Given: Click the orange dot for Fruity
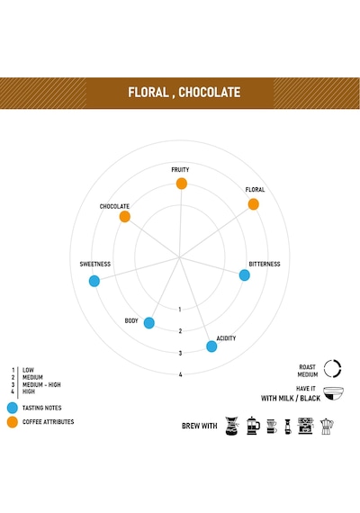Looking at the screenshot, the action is (x=182, y=184).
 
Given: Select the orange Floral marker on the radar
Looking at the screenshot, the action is (x=254, y=204).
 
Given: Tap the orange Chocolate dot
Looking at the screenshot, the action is (x=125, y=217).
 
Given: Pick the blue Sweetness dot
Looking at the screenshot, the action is (x=94, y=281).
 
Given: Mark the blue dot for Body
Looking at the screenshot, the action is (x=149, y=323).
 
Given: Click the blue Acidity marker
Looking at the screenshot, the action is (x=211, y=346).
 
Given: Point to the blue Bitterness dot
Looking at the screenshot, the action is (x=245, y=275).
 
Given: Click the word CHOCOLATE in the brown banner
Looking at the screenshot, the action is (x=210, y=93).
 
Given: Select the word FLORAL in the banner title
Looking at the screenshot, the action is (x=148, y=93).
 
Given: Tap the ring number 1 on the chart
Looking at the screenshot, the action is (x=180, y=310).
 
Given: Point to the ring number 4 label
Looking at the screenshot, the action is (x=180, y=374).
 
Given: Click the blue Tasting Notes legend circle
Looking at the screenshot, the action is (x=13, y=408).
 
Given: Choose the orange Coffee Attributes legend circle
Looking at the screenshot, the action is (x=13, y=422).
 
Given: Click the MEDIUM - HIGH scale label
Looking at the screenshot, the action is (x=41, y=384).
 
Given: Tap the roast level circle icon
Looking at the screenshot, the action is (x=332, y=369).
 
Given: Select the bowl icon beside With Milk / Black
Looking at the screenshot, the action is (x=333, y=393).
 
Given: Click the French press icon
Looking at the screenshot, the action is (x=253, y=426).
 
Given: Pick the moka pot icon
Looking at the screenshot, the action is (x=327, y=426).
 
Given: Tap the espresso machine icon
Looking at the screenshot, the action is (x=306, y=426).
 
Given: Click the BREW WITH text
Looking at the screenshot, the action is (x=199, y=426).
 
